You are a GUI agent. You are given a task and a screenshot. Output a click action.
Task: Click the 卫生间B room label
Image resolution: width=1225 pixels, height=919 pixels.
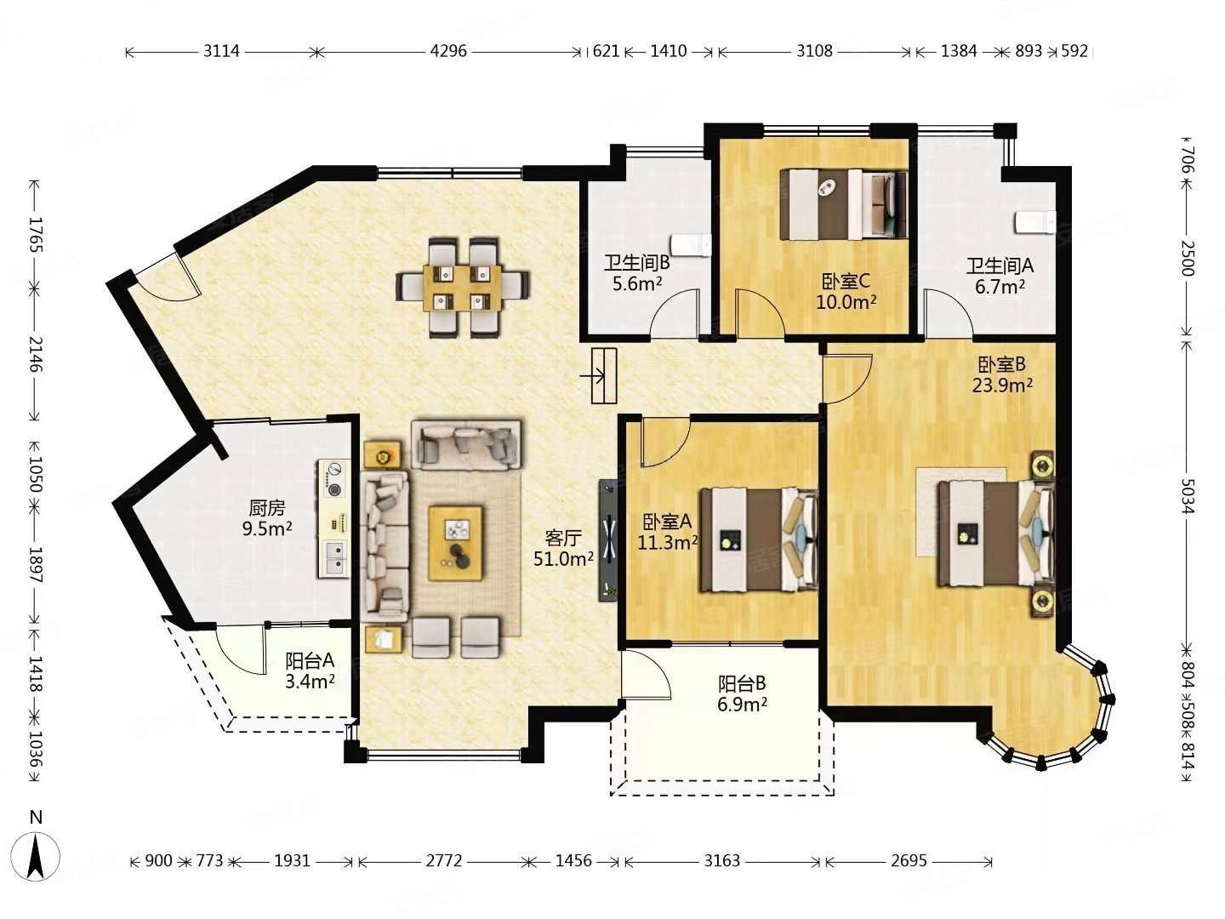[637, 262]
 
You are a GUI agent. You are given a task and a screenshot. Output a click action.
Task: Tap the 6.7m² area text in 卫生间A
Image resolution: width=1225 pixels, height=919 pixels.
[1000, 287]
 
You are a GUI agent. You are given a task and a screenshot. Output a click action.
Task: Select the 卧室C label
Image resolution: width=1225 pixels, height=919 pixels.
[846, 281]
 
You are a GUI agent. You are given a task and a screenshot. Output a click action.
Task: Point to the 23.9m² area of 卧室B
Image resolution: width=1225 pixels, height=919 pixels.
[1002, 385]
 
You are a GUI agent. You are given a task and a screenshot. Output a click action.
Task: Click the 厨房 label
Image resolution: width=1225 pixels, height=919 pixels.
[267, 508]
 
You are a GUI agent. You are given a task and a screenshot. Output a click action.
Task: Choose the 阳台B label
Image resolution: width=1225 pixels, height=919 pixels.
[742, 683]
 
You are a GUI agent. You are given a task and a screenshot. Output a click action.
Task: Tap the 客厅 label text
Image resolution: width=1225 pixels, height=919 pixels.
[563, 538]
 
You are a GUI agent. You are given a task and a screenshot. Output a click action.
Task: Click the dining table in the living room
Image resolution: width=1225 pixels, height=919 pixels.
[463, 288]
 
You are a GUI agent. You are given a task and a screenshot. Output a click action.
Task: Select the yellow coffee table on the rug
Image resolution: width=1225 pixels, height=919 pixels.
[455, 544]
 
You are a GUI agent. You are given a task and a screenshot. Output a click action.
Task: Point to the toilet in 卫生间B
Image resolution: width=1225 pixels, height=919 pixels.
[691, 246]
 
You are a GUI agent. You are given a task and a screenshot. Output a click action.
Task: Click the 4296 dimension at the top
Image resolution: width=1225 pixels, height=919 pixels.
[448, 51]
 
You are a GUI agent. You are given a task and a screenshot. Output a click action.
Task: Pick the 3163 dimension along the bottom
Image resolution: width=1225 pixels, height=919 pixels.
[721, 861]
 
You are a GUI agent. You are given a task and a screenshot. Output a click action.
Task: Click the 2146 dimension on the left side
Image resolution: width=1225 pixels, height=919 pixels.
[35, 354]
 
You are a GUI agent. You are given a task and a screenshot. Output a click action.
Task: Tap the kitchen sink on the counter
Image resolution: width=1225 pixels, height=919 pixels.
[333, 558]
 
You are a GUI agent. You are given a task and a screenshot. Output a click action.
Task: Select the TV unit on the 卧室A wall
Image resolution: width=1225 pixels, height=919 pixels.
[608, 540]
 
